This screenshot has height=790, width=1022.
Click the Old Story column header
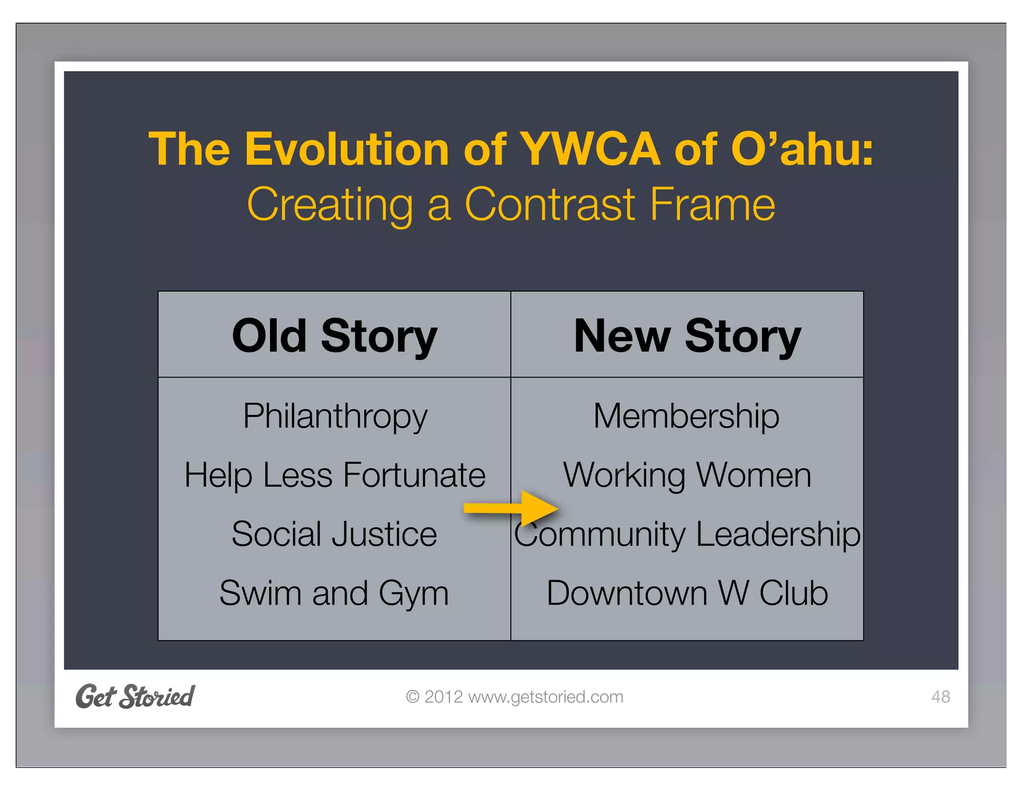pos(334,336)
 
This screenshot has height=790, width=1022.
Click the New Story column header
pos(687,336)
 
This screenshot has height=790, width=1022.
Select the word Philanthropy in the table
pos(335,416)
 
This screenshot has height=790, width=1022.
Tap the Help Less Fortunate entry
pos(335,474)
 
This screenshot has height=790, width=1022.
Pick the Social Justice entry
pos(334,534)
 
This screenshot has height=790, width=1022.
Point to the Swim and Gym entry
pos(334,593)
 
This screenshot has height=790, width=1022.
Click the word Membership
pos(686,416)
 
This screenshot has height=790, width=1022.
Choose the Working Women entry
pos(687,474)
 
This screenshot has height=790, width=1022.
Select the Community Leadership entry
pos(687,534)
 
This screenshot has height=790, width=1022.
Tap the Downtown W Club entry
pos(687,593)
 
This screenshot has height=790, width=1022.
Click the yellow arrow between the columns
pos(511,508)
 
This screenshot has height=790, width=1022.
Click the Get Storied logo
pos(135,696)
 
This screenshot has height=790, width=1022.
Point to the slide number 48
pos(940,697)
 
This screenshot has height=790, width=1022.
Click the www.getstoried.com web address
pos(546,697)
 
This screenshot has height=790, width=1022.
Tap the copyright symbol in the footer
pos(412,697)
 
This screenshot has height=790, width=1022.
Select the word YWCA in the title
pos(590,149)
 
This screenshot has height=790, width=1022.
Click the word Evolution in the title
pos(347,149)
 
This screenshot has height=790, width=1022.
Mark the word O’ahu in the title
pos(802,149)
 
